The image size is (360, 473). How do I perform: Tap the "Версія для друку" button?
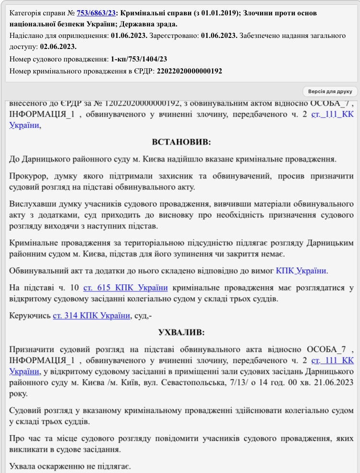pyautogui.click(x=330, y=91)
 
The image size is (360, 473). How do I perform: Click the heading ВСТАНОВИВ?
pyautogui.click(x=181, y=142)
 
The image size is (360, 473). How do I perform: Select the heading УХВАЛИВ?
pyautogui.click(x=181, y=332)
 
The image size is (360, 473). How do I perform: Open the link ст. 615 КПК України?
pyautogui.click(x=125, y=288)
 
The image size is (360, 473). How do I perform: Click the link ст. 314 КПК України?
pyautogui.click(x=91, y=315)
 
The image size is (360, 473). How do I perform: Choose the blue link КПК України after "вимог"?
pyautogui.click(x=301, y=270)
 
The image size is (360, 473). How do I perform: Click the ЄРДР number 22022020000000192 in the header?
pyautogui.click(x=189, y=71)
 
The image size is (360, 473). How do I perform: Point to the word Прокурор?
pyautogui.click(x=26, y=176)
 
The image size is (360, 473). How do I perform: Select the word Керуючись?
pyautogui.click(x=29, y=315)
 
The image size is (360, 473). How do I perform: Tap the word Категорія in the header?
pyautogui.click(x=27, y=13)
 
